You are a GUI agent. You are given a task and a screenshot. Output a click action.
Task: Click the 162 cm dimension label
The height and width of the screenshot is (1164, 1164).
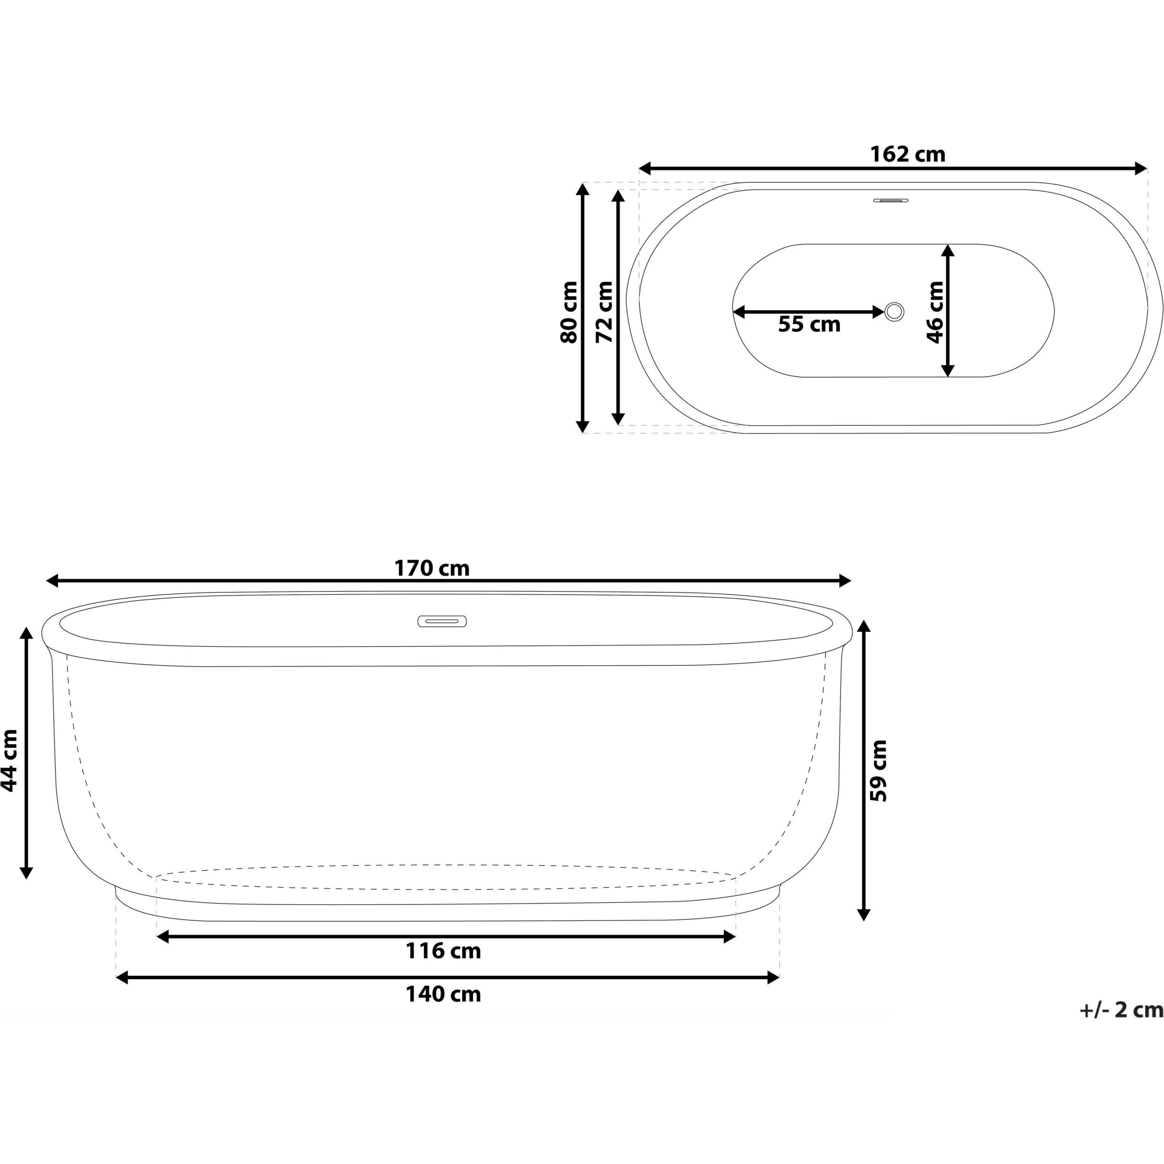(x=907, y=155)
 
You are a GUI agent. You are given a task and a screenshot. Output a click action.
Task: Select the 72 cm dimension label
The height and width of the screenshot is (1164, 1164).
(x=604, y=312)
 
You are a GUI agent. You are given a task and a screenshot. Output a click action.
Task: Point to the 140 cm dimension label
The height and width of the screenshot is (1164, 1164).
(x=443, y=994)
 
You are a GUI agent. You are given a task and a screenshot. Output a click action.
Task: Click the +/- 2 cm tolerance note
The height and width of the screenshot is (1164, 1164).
(x=1120, y=1026)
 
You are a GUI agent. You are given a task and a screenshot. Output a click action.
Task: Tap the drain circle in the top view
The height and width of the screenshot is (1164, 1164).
(x=894, y=312)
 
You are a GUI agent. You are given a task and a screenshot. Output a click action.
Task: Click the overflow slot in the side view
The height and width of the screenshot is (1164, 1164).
(x=442, y=621)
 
